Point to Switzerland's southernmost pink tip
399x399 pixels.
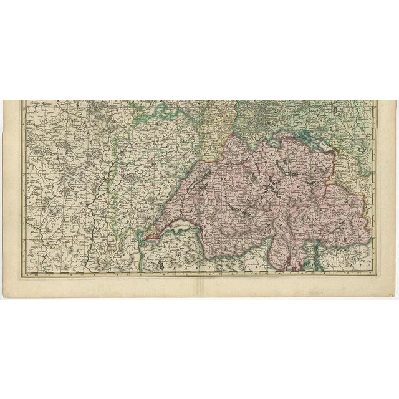298,269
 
